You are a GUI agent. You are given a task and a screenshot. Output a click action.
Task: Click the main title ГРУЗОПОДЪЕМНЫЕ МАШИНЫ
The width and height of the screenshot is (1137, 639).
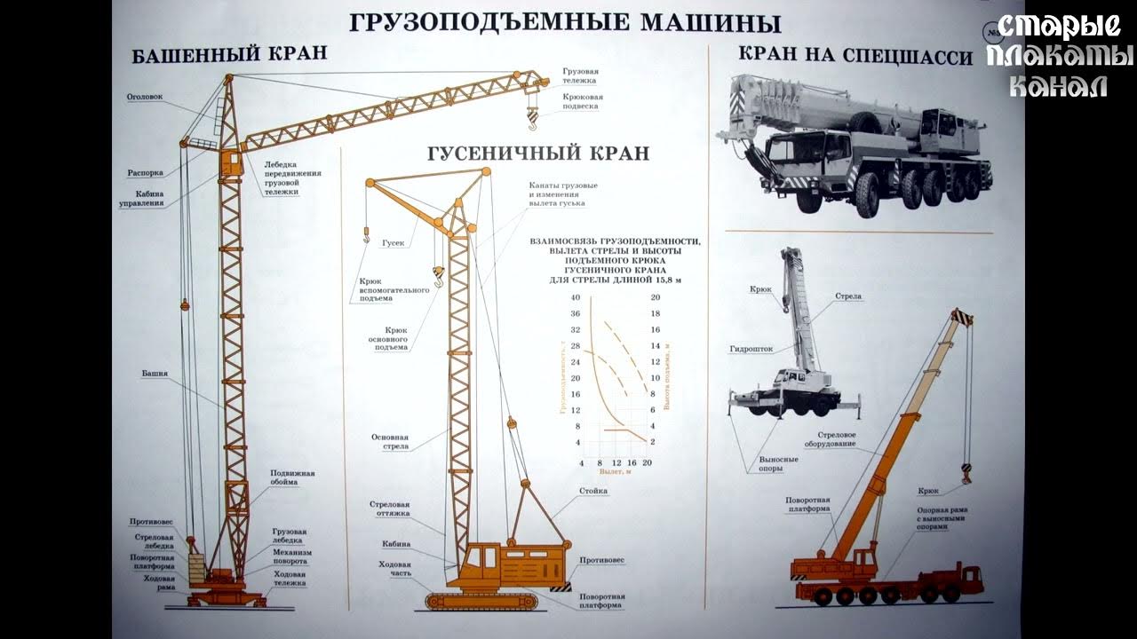[564, 21]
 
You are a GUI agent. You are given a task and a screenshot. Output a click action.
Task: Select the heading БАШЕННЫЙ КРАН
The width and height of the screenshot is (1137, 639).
[229, 54]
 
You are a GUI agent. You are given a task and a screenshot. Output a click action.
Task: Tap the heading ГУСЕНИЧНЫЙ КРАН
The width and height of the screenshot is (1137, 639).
[538, 154]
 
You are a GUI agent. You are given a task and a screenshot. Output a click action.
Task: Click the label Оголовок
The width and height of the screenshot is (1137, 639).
[145, 98]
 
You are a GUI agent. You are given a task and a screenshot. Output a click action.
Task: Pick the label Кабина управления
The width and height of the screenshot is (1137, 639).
[141, 198]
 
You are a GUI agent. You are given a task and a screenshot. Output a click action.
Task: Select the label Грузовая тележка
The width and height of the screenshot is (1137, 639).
[580, 75]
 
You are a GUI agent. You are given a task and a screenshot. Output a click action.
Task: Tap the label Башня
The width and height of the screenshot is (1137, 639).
[154, 374]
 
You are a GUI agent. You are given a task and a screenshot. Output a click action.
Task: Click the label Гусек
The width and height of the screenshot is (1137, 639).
[394, 241]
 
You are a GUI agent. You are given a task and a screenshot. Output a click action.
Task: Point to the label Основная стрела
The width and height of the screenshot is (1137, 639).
[390, 441]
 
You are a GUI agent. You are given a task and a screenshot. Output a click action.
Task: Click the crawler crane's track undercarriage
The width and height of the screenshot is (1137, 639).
[494, 600]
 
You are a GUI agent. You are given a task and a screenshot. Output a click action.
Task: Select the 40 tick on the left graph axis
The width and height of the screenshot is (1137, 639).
[575, 297]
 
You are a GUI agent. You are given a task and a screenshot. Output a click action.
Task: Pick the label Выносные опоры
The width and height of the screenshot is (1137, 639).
[777, 464]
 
